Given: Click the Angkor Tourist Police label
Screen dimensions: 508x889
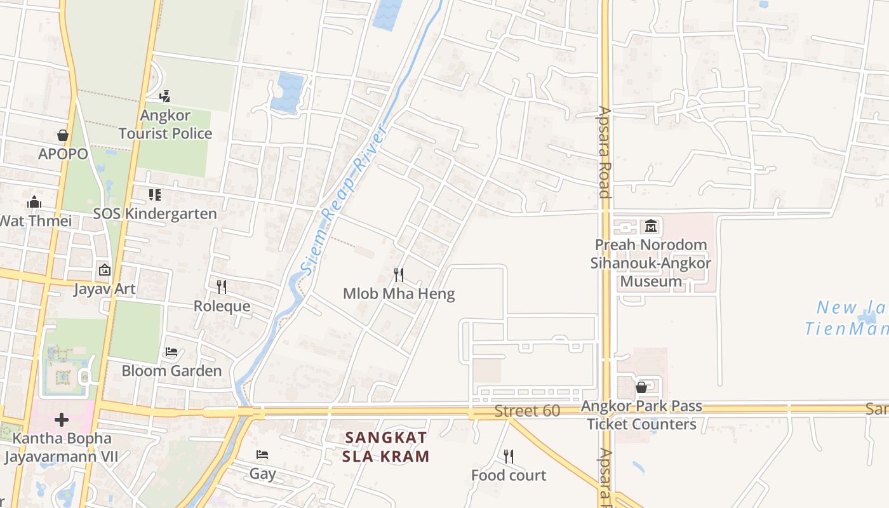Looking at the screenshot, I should coord(165,124).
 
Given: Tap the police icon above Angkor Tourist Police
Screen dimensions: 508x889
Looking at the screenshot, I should coord(165,97).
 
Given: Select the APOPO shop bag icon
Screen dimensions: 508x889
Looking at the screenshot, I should coord(63,135).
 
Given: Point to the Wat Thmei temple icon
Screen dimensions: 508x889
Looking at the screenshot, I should coord(34,203).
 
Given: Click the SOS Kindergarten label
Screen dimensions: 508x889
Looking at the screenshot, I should coord(155,214).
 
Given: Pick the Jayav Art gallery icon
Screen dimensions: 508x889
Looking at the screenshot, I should coord(105,271).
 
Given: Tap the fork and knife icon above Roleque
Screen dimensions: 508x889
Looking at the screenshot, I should coord(222,287).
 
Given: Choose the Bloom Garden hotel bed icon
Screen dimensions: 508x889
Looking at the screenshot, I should coord(171,352).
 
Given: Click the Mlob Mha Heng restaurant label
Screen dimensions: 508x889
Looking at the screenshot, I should coord(399,294).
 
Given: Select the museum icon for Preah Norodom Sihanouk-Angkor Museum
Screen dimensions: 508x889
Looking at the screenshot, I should coord(651,225).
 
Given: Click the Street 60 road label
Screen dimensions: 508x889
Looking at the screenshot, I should coord(527,411).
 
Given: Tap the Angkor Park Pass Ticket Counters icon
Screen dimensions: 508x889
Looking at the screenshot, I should coord(641,387).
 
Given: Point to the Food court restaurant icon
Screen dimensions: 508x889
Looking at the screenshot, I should coord(509,456).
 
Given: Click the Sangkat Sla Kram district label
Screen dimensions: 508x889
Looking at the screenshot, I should coord(386,446).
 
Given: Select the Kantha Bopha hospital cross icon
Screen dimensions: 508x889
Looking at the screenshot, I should coord(62,420).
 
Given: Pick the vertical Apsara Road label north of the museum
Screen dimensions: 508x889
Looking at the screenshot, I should coord(605,152).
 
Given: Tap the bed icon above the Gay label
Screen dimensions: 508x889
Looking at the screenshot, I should coord(262,454).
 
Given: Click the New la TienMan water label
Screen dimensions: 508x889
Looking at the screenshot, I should coord(848,318).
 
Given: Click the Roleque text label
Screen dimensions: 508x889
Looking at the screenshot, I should coord(222,306).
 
